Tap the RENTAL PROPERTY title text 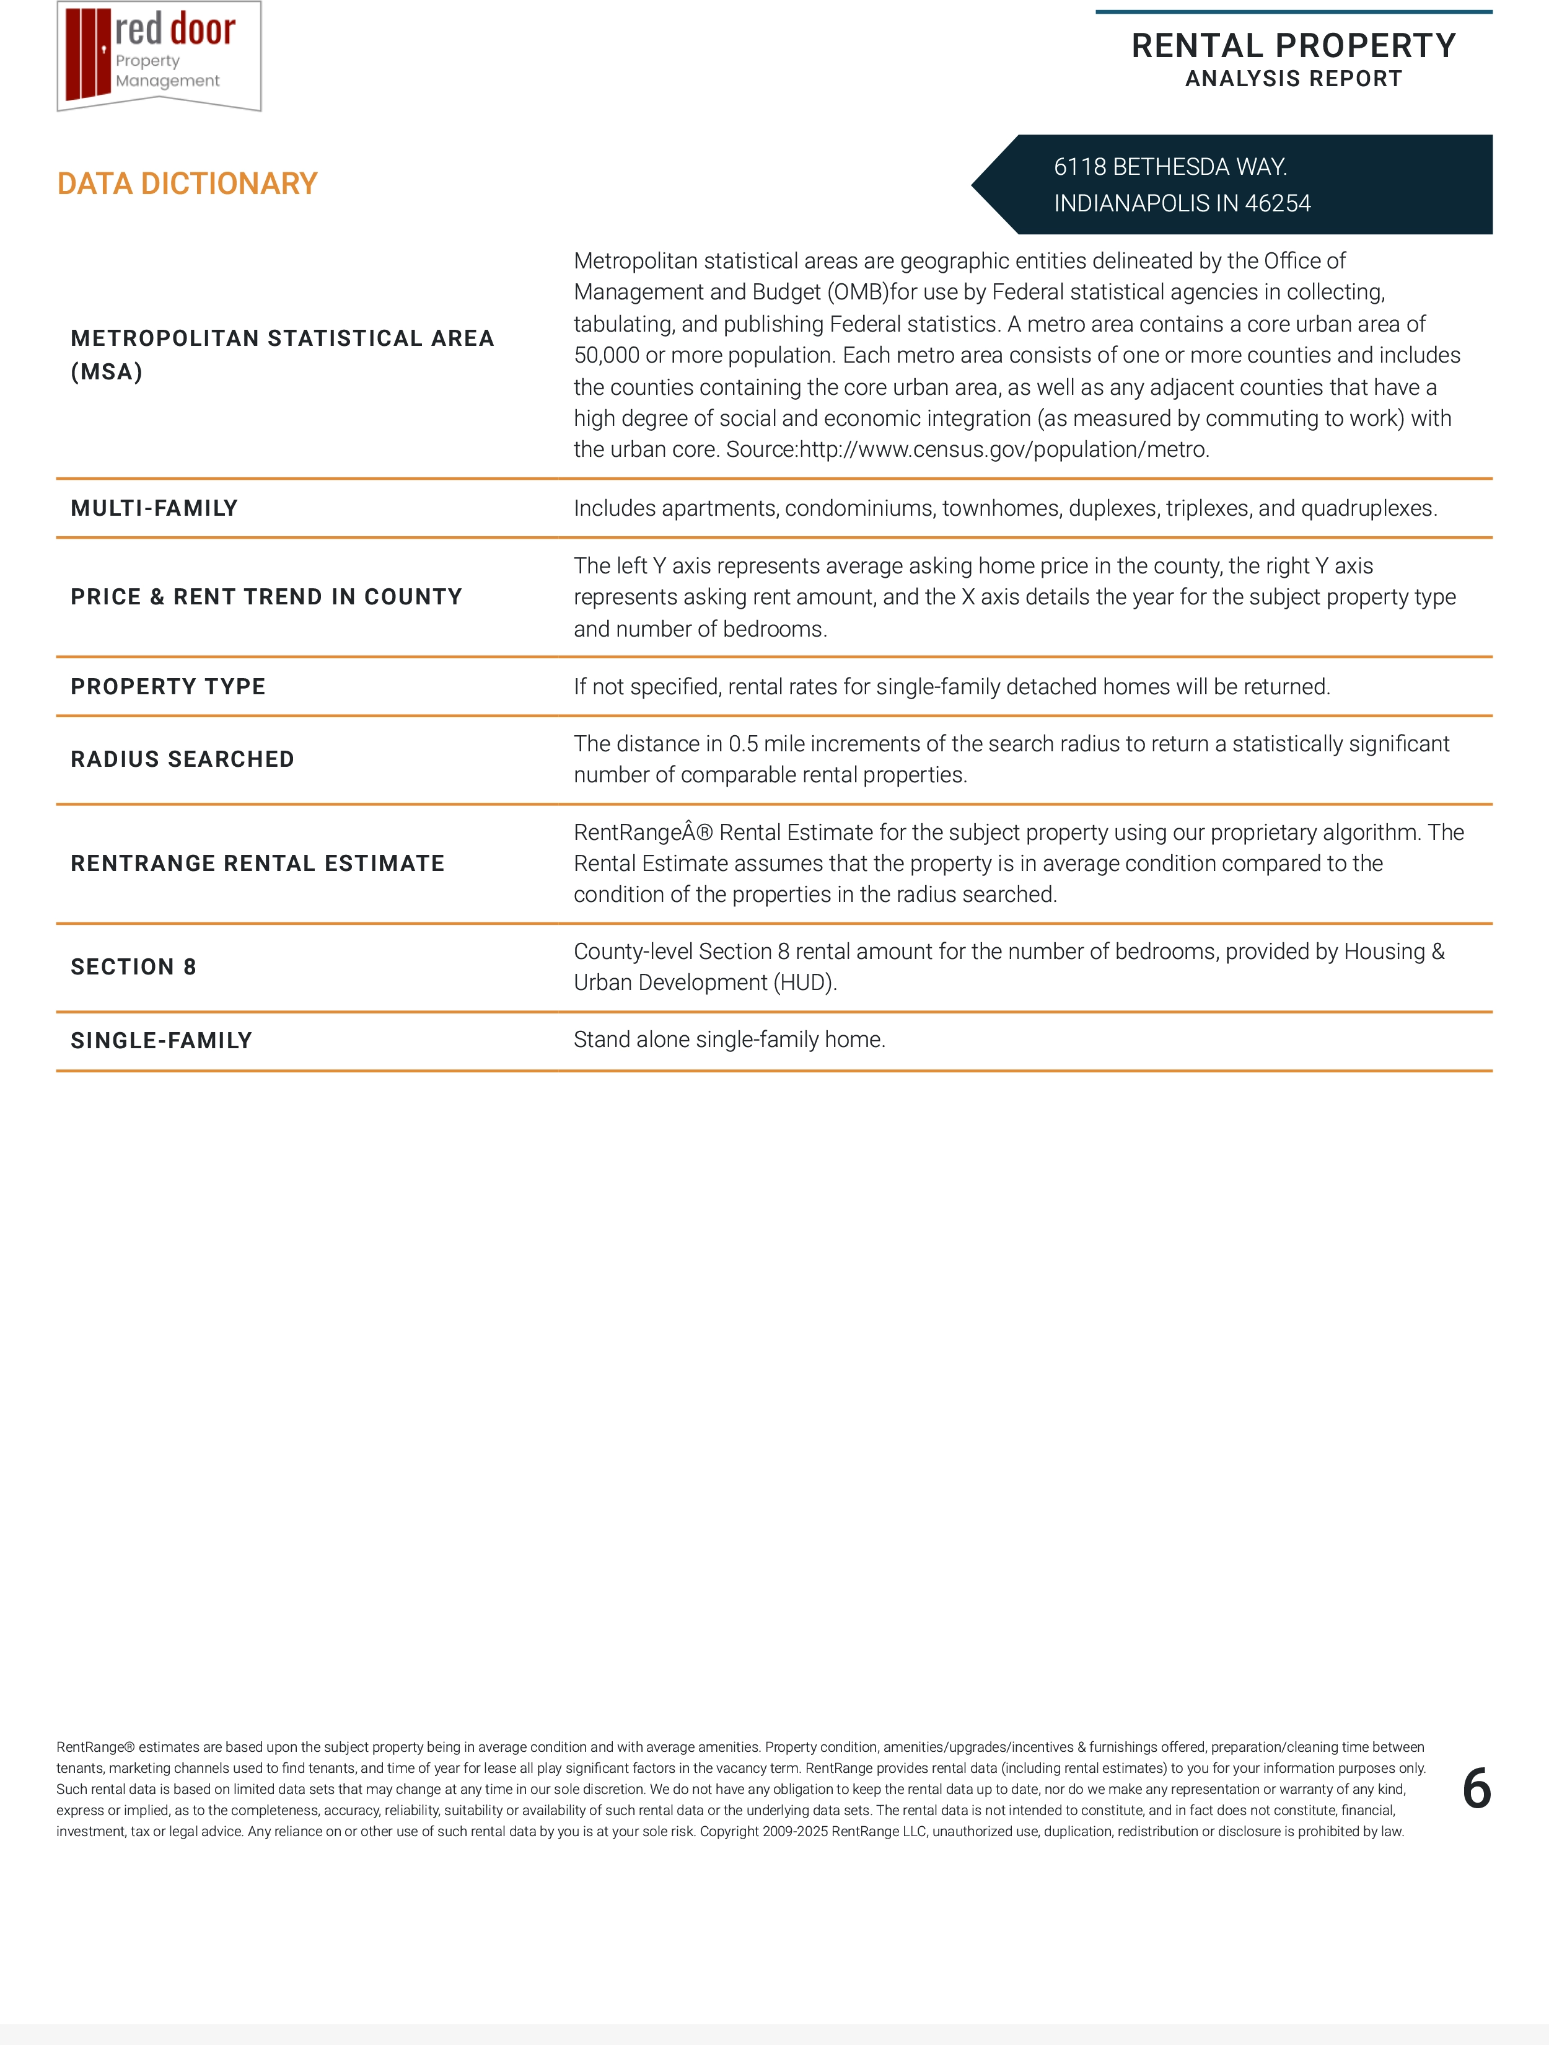(1293, 45)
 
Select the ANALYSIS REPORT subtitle (1293, 79)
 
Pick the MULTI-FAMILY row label (154, 508)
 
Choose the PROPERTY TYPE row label (168, 686)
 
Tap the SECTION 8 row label (133, 967)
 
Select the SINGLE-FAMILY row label (161, 1040)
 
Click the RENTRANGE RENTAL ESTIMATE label (257, 863)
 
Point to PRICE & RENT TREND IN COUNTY (266, 596)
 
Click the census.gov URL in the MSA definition (1004, 450)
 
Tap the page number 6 (1476, 1789)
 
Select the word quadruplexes (1368, 508)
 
